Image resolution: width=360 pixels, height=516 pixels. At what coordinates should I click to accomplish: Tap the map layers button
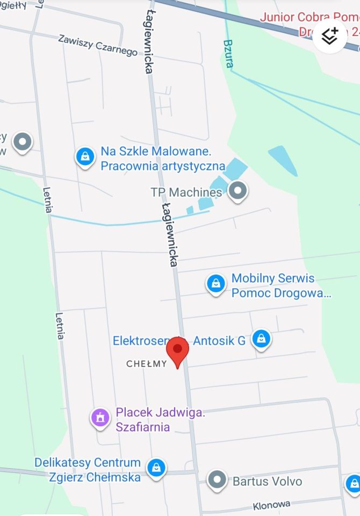329,36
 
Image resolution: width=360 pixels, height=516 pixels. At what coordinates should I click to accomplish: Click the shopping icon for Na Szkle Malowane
85,157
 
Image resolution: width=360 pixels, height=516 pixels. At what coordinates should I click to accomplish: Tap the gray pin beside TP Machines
237,190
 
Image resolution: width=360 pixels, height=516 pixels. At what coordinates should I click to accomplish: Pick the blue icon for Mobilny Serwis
215,284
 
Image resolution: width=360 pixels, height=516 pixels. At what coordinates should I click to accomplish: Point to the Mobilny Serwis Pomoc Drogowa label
281,285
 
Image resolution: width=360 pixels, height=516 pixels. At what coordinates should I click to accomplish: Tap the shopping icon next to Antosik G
261,339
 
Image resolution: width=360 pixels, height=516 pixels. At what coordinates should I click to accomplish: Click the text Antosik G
219,341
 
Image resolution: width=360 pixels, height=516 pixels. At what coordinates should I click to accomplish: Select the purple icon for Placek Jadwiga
99,417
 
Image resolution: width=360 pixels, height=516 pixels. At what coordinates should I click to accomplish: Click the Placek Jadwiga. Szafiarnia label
160,420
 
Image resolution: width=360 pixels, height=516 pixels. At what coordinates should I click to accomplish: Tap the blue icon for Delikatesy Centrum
156,467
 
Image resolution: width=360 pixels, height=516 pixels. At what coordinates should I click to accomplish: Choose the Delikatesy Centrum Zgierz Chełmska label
88,469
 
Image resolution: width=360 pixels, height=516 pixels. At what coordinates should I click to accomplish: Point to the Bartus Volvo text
267,481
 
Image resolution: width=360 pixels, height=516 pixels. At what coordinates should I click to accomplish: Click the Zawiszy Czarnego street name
98,45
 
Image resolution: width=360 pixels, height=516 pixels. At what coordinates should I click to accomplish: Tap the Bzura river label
228,53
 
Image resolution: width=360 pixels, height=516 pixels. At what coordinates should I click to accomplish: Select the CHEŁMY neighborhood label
147,364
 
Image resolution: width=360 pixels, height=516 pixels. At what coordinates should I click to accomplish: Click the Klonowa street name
271,506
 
